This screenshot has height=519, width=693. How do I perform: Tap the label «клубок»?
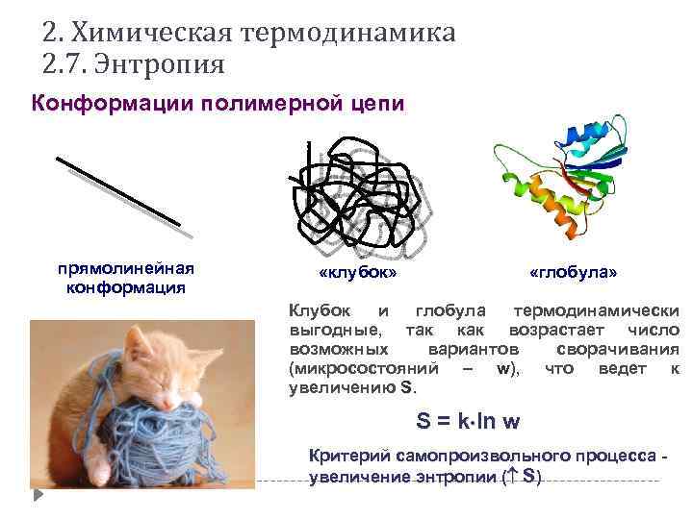(x=358, y=273)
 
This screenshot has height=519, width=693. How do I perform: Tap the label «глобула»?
(x=573, y=273)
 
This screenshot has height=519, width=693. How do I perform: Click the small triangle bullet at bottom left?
(x=38, y=495)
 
